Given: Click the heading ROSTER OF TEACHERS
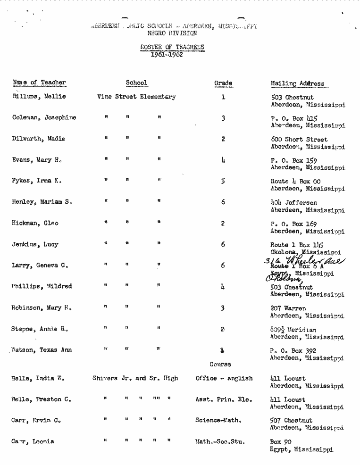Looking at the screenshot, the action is (172, 47).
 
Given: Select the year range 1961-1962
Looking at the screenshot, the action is (167, 54).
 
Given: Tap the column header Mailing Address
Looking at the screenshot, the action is (297, 84).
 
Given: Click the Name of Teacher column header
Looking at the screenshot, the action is (39, 83).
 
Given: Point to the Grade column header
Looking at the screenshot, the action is (223, 83).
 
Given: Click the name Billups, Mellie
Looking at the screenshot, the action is (39, 97).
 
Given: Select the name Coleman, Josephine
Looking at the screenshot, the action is (44, 117).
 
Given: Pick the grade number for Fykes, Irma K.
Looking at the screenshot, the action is (223, 181).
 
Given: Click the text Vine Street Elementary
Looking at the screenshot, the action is (136, 97).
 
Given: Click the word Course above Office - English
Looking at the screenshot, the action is (220, 364).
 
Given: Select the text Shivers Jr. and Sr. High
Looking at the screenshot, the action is (135, 378).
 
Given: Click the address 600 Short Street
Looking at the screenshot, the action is (299, 140).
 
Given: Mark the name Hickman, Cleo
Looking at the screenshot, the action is (35, 224).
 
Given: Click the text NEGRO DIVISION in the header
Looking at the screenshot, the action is (172, 33).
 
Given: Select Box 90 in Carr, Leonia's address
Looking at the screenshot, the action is (281, 442).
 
